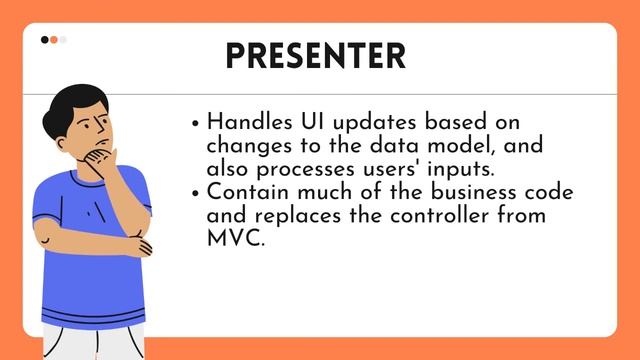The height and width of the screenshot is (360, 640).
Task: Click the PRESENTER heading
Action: click(315, 55)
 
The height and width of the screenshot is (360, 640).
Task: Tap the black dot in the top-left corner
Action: click(45, 40)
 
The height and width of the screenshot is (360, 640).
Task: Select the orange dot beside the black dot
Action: click(54, 40)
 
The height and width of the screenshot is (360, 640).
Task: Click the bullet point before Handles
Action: click(195, 124)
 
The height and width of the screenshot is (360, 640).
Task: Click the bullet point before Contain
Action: click(195, 193)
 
